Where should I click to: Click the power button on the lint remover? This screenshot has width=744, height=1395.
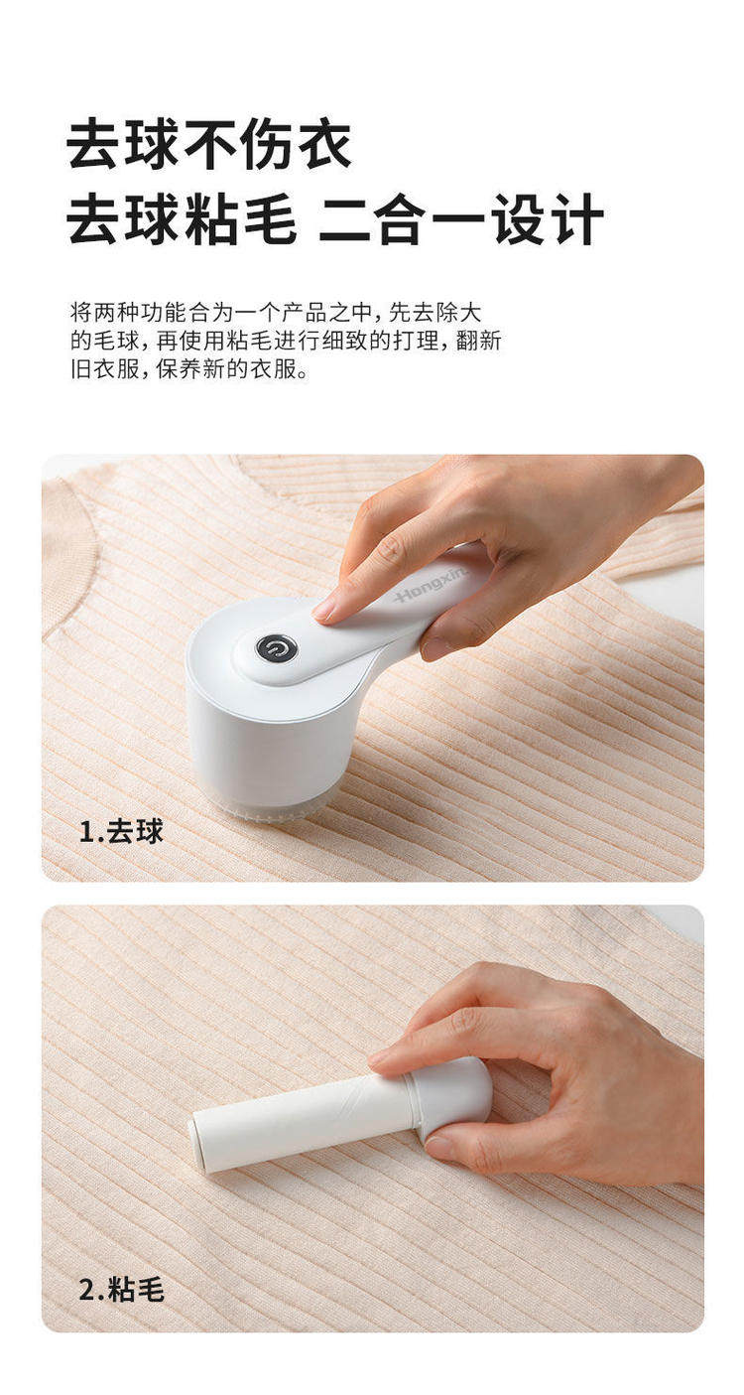pyautogui.click(x=277, y=649)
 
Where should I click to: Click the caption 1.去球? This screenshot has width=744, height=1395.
pyautogui.click(x=122, y=831)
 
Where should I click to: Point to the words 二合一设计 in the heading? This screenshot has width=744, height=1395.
pyautogui.click(x=461, y=219)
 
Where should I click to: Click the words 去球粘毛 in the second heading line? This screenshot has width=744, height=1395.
pyautogui.click(x=181, y=219)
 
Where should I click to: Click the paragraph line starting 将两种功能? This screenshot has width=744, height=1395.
pyautogui.click(x=277, y=312)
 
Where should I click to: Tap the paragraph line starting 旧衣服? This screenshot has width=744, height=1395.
pyautogui.click(x=189, y=369)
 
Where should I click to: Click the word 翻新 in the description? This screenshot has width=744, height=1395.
pyautogui.click(x=478, y=341)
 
